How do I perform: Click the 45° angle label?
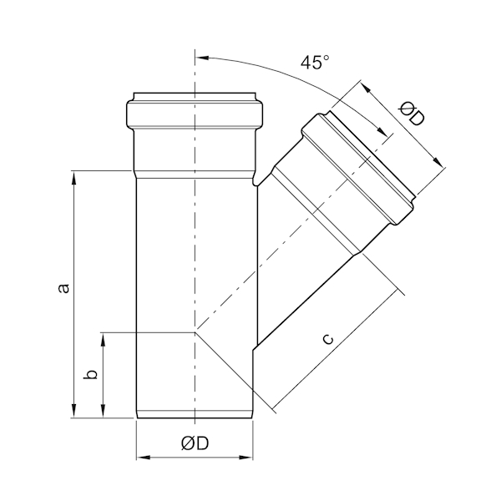tap(315, 63)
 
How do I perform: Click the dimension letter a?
tap(64, 288)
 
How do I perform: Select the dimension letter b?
tap(90, 374)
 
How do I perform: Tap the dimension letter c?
tap(328, 339)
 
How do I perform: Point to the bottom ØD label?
tap(195, 443)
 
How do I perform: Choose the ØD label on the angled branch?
tap(412, 114)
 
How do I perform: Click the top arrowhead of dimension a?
tap(73, 178)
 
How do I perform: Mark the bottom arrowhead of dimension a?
tap(73, 411)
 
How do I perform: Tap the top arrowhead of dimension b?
tap(103, 340)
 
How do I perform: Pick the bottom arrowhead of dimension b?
tap(103, 411)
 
